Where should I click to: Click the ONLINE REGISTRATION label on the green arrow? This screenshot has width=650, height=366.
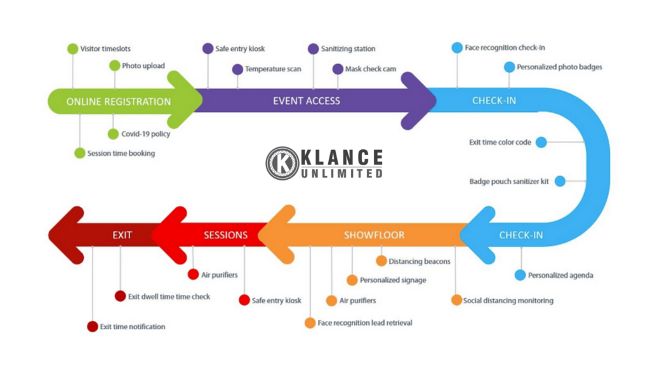pos(119,102)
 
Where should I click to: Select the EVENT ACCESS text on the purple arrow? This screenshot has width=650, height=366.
pos(307,100)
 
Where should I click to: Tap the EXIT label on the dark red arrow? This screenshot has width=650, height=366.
pos(123,235)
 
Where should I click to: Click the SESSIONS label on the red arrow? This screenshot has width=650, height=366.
pos(225,235)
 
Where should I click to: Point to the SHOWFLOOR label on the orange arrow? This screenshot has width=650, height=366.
pos(375,235)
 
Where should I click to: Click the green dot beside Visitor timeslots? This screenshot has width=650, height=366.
pos(72,48)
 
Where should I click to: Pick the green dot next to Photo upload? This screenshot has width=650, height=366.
pos(114,65)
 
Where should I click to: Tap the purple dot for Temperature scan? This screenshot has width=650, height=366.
pos(237,69)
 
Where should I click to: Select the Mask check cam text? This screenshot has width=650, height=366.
pos(371,69)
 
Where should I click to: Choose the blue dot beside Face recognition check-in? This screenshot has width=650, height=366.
pos(457,48)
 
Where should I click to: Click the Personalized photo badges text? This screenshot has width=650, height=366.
pos(559,67)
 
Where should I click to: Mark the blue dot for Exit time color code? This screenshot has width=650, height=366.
pos(541,142)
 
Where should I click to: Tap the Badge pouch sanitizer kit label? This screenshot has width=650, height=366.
pos(508,182)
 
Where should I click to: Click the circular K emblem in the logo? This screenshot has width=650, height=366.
pos(282,163)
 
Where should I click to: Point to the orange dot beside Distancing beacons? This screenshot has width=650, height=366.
pos(381,261)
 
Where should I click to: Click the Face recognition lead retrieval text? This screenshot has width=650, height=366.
pos(365,323)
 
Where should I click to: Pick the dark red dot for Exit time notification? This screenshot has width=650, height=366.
pos(93,327)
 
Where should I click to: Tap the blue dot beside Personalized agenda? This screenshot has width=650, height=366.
pos(520,275)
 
